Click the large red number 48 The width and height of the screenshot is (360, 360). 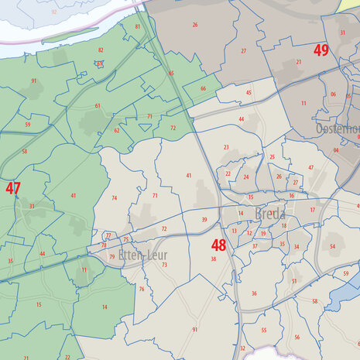(x=218, y=245)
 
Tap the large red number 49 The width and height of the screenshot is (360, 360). (x=321, y=50)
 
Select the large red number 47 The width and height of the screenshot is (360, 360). (x=13, y=188)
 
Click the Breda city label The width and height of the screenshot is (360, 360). (x=269, y=214)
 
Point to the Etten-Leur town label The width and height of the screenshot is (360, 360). (x=142, y=253)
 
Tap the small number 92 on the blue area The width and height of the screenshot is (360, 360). (x=53, y=13)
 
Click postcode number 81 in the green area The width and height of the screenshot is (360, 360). (x=138, y=26)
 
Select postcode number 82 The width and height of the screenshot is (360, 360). (x=101, y=50)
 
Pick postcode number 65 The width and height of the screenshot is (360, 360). (x=171, y=74)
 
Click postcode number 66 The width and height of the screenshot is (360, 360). (x=203, y=88)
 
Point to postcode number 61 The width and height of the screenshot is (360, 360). (x=98, y=105)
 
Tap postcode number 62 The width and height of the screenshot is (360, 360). (x=117, y=130)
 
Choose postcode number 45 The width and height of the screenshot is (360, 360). (x=249, y=93)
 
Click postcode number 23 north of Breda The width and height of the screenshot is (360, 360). (x=226, y=147)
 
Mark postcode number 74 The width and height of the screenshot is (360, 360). (x=114, y=198)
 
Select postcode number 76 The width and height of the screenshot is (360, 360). (x=142, y=290)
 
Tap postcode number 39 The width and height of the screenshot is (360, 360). (x=204, y=220)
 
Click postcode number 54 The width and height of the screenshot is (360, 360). (x=332, y=246)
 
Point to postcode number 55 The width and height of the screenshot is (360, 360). (x=264, y=331)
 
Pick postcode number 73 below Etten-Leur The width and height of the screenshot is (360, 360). (x=165, y=265)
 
